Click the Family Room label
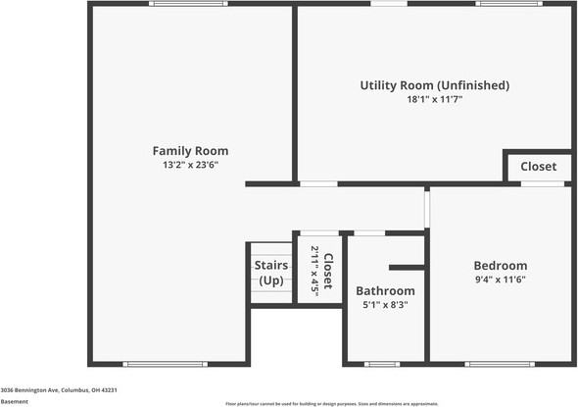click(190, 151)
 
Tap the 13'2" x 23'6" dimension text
click(190, 166)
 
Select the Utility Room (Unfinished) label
click(434, 85)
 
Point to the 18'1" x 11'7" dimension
click(434, 100)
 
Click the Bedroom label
click(500, 266)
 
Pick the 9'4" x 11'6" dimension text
click(500, 280)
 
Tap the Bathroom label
click(385, 291)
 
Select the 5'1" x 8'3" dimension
click(385, 305)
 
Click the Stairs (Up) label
click(269, 273)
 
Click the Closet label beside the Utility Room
click(538, 167)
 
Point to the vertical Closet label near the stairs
click(328, 271)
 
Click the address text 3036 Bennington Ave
click(59, 390)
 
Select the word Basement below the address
click(15, 401)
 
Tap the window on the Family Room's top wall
click(188, 4)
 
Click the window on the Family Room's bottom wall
click(166, 364)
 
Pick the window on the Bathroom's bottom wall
click(382, 364)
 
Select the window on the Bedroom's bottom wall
click(500, 364)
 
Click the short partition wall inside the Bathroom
click(407, 267)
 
